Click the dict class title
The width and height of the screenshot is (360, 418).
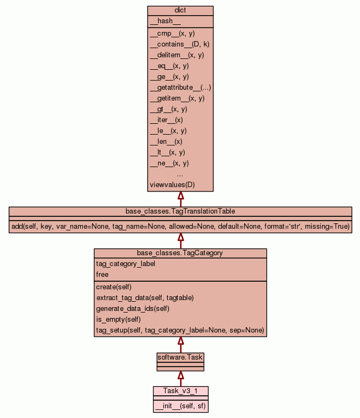(180, 10)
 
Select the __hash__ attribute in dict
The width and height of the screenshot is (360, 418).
(161, 21)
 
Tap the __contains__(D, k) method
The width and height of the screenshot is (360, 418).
(179, 44)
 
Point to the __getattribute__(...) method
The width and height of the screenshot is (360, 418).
(180, 88)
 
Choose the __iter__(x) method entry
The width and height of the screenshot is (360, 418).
(166, 120)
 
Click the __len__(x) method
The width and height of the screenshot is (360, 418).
(166, 142)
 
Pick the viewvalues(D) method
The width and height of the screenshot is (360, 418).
(172, 185)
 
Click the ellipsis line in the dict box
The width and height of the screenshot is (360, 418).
(180, 174)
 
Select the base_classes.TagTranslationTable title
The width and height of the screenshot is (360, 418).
(180, 211)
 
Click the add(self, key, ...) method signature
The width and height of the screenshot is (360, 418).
(180, 227)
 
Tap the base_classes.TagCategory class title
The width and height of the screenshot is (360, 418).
(180, 253)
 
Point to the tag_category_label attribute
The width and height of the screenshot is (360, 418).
(126, 264)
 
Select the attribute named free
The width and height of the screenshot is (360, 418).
(102, 275)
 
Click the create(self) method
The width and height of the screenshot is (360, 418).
(114, 287)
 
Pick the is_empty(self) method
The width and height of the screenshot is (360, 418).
(119, 320)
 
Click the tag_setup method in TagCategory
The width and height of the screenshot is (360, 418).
(180, 330)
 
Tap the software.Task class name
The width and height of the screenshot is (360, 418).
(180, 357)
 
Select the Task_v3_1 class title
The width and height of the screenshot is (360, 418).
(180, 391)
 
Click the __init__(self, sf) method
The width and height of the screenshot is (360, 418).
(180, 406)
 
